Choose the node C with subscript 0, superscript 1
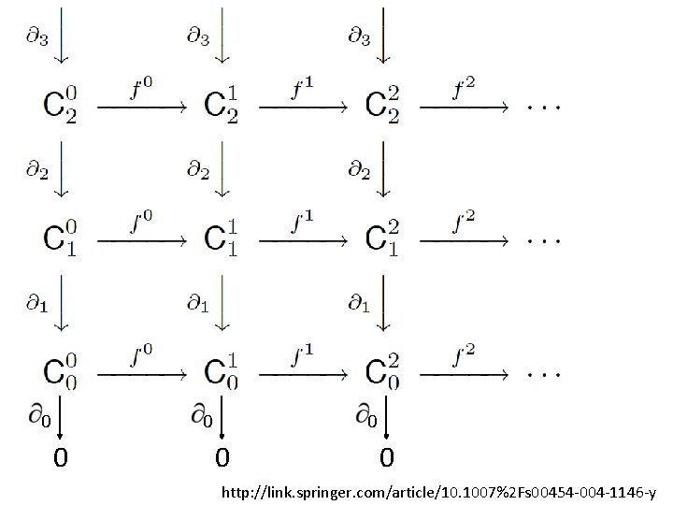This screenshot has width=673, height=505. (222, 372)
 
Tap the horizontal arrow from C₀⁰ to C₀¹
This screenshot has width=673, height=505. (142, 374)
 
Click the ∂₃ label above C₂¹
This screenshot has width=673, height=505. (197, 36)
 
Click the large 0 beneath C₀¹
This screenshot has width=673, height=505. (222, 459)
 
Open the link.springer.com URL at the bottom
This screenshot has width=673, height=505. (437, 491)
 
